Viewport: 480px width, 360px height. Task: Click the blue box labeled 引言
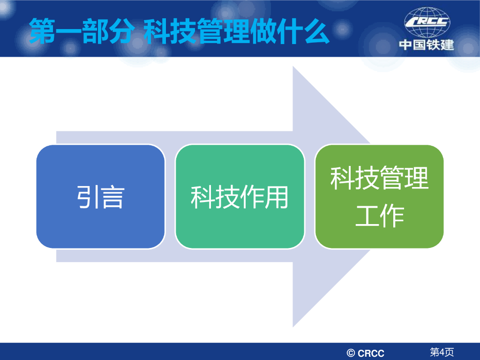[x=100, y=196]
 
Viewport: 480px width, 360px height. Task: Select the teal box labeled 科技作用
[x=240, y=196]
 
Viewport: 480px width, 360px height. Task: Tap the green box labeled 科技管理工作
[x=379, y=196]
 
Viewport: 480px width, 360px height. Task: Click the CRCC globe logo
[x=427, y=22]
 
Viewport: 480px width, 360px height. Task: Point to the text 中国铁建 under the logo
[x=427, y=45]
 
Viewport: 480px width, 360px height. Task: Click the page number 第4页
[x=442, y=352]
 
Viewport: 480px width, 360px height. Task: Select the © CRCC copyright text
[x=365, y=353]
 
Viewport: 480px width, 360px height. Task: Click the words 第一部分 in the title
[x=82, y=31]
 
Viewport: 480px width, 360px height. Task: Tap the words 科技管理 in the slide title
[x=197, y=31]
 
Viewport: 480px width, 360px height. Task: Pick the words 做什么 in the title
[x=290, y=31]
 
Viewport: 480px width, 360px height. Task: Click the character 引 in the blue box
[x=88, y=197]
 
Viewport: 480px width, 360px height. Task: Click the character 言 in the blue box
[x=112, y=197]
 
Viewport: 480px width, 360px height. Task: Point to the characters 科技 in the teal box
[x=215, y=197]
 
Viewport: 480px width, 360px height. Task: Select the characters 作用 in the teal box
[x=264, y=197]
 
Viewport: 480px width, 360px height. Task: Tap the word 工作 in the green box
[x=380, y=216]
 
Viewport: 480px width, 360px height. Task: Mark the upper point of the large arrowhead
[x=293, y=66]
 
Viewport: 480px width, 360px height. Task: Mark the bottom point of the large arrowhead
[x=293, y=327]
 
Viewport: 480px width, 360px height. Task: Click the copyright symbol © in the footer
[x=351, y=353]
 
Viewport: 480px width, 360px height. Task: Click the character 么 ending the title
[x=317, y=31]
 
